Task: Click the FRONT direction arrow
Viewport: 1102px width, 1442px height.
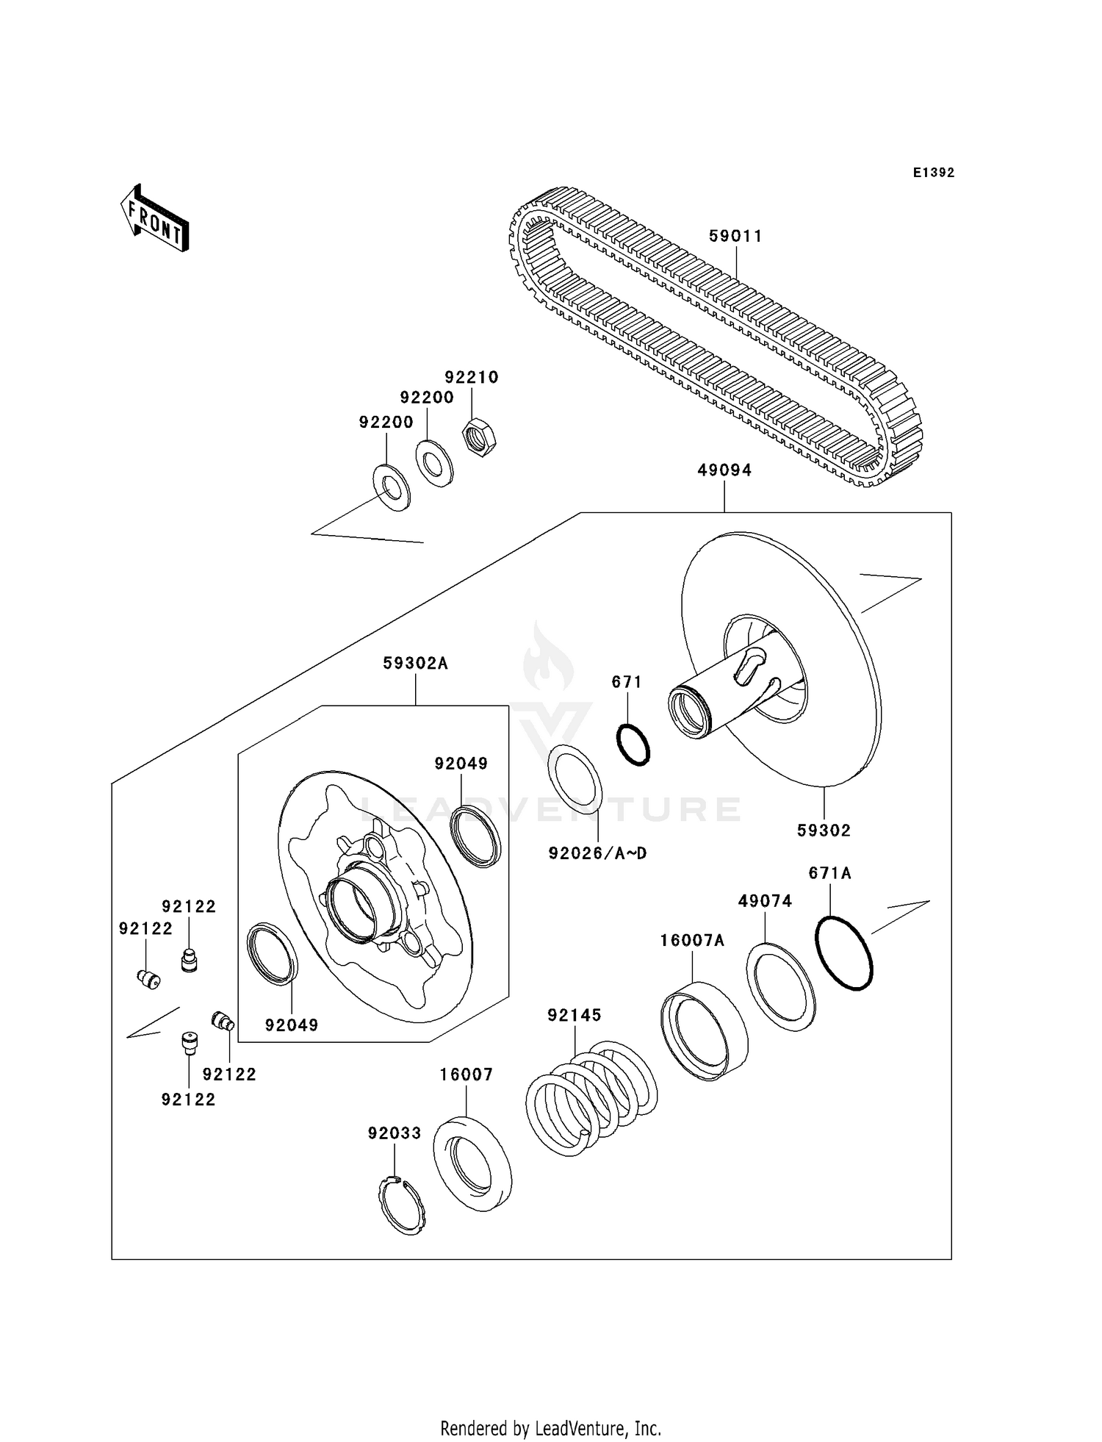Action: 155,219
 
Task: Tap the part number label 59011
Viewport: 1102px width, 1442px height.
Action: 735,236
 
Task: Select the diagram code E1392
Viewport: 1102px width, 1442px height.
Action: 933,173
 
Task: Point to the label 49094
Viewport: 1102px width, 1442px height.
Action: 724,470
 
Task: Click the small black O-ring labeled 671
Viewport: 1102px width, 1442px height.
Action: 633,745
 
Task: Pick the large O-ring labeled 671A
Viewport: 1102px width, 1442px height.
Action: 844,952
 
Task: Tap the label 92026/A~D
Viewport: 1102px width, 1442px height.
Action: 597,854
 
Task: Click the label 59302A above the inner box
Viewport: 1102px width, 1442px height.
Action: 415,664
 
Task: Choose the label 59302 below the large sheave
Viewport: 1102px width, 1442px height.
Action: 824,831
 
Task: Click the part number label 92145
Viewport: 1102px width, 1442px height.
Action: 574,1015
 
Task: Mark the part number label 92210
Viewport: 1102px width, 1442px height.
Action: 471,377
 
